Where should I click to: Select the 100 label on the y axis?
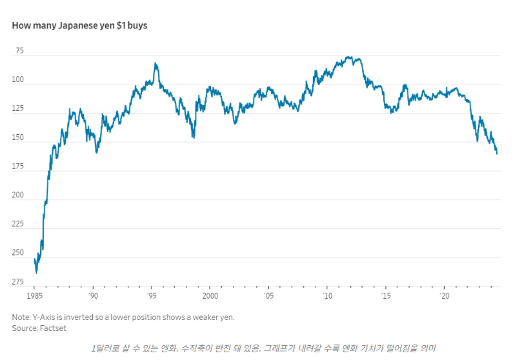click(18, 79)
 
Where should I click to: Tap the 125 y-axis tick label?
click(18, 108)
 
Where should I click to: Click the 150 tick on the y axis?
click(18, 137)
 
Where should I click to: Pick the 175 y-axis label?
click(18, 166)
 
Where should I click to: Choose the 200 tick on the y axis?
click(18, 195)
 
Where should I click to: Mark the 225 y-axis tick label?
click(18, 224)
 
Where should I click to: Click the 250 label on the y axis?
click(18, 253)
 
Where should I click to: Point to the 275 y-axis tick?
click(18, 282)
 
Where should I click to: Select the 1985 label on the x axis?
click(35, 295)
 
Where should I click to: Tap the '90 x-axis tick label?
click(93, 295)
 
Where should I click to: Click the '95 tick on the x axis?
click(152, 295)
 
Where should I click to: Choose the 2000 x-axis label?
click(210, 295)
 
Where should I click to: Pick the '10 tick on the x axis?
click(327, 295)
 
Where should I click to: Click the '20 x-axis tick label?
click(444, 295)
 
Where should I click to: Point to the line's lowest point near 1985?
click(37, 273)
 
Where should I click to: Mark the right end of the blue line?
click(497, 154)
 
